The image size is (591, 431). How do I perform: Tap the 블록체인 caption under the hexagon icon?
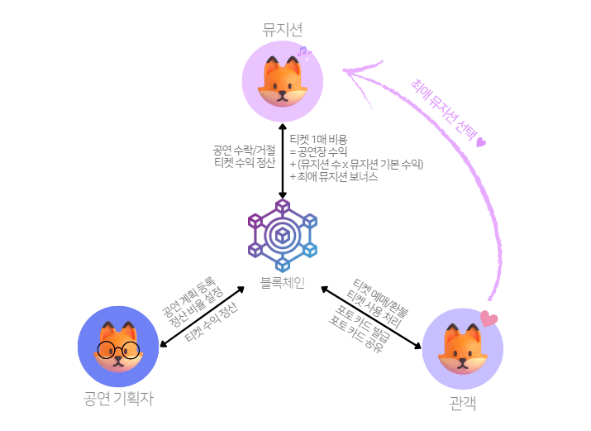tap(283, 282)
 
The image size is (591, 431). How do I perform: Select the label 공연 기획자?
tap(118, 399)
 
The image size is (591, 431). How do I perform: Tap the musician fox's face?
tap(282, 80)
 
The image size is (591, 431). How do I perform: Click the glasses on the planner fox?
tap(117, 348)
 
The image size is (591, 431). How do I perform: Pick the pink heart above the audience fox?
tap(489, 318)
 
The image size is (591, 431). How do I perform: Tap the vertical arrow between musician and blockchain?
tap(283, 160)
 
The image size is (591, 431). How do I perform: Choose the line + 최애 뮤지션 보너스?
tap(334, 176)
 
